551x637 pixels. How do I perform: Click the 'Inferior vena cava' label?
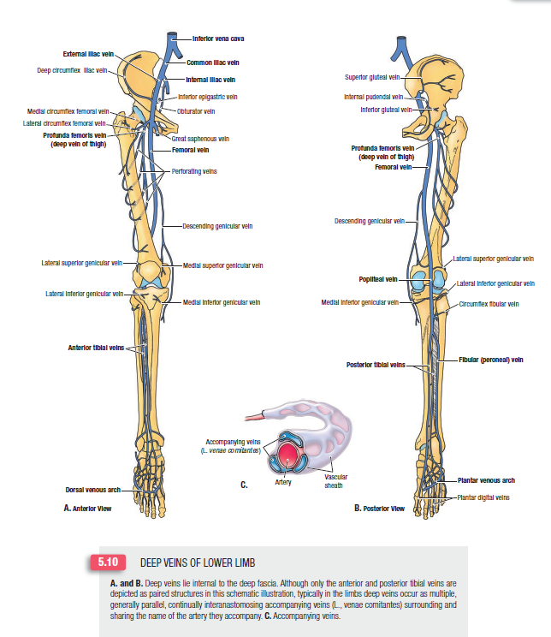tap(215, 39)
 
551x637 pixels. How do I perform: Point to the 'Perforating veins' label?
tap(194, 171)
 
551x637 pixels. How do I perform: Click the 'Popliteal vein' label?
tap(378, 279)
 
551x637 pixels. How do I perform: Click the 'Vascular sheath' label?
tap(329, 479)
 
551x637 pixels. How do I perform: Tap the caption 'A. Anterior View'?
tap(89, 507)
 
